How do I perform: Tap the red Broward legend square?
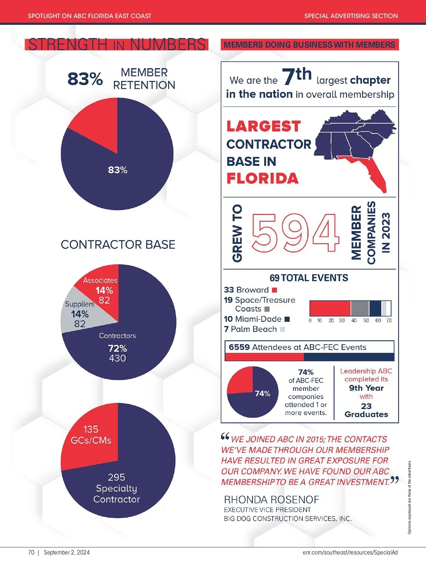pos(274,290)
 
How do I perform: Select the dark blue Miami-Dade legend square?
pos(287,319)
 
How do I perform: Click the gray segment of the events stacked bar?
pos(360,308)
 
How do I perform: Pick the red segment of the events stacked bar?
pos(330,308)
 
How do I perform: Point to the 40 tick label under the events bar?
pos(354,321)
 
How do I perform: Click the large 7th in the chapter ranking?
pos(297,76)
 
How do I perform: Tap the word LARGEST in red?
pos(263,126)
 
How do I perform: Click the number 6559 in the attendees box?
pos(239,347)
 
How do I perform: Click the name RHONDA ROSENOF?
pos(272,500)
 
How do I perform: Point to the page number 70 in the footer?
pos(31,552)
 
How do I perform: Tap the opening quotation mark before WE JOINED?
pos(225,437)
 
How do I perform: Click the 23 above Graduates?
pos(366,406)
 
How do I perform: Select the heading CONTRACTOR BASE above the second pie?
pos(118,245)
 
